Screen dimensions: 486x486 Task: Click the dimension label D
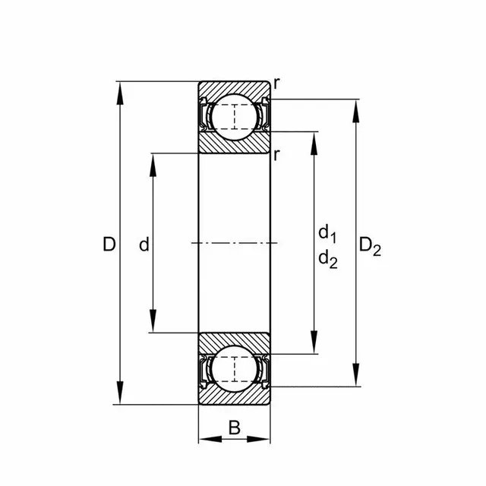tap(109, 245)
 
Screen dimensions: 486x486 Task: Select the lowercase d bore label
tap(144, 245)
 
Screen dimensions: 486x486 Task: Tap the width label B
tap(234, 428)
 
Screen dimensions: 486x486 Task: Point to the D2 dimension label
tap(370, 245)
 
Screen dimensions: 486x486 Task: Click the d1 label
tap(327, 232)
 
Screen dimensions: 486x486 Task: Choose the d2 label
tap(327, 259)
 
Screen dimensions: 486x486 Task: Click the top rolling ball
tap(234, 116)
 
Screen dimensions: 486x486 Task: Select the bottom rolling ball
tap(234, 370)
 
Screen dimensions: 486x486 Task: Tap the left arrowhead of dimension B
tap(204, 439)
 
